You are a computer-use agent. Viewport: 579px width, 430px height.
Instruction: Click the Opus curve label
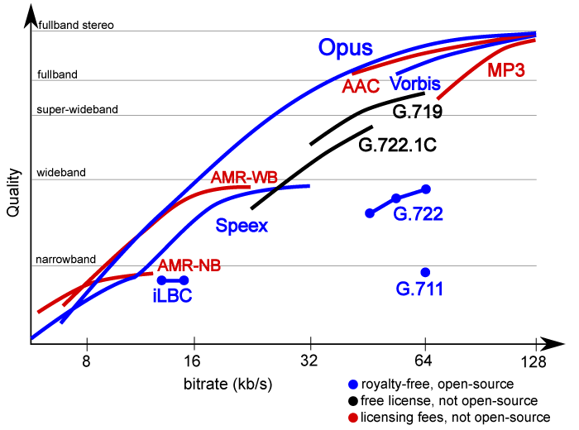coord(346,48)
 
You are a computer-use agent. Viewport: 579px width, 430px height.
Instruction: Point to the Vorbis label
coord(414,84)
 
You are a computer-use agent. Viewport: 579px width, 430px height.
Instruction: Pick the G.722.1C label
coord(397,146)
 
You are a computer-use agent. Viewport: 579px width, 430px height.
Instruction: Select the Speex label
coord(242,226)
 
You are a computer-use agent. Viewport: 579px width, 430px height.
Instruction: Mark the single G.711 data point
coord(425,272)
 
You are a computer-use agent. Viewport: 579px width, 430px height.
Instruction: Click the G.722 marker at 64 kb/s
coord(425,189)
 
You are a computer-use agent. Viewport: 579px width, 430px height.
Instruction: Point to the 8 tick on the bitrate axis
coord(86,361)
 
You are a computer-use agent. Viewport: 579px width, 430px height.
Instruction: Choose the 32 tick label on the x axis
coord(310,361)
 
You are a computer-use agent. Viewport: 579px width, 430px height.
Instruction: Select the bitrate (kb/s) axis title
coord(228,385)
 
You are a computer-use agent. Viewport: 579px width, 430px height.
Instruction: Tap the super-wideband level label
coord(78,109)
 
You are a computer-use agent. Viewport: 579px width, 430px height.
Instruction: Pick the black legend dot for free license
coord(354,400)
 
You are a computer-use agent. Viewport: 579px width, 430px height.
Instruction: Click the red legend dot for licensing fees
coord(354,417)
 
